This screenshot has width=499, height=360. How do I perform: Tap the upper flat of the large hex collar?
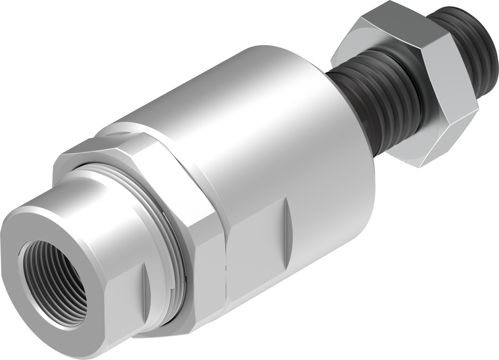tap(142, 146)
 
